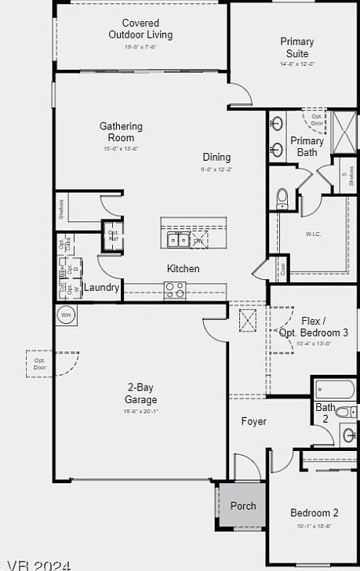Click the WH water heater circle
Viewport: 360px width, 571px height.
pos(66,315)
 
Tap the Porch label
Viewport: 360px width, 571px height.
pos(243,506)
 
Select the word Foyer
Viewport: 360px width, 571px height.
pos(253,421)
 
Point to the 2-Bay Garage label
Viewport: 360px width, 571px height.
pos(141,392)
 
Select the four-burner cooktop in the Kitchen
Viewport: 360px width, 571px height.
pos(174,290)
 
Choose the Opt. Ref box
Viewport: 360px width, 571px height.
pos(113,234)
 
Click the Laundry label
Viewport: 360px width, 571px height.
pos(102,288)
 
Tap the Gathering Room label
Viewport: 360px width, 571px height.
pos(121,132)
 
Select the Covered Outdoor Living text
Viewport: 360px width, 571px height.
pos(140,29)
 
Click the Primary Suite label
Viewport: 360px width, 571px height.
pos(297,47)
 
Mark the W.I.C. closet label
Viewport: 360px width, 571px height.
pos(315,234)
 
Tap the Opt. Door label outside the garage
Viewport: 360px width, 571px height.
pos(39,364)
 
